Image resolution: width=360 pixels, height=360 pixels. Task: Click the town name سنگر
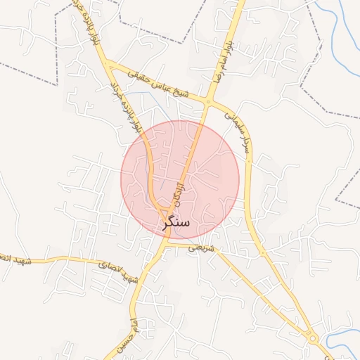point(176,222)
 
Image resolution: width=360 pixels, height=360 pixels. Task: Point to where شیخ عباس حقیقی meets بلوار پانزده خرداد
point(110,67)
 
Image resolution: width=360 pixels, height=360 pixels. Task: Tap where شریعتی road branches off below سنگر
point(167,243)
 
